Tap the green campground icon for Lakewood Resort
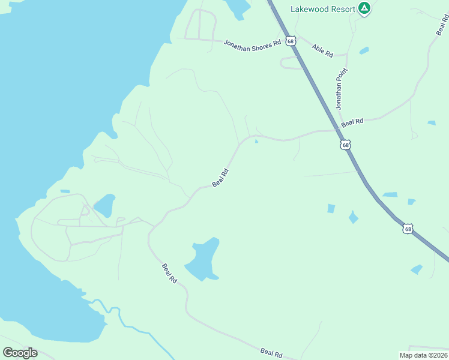click(x=364, y=8)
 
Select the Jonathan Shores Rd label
click(x=252, y=44)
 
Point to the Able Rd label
click(x=322, y=49)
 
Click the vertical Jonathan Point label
click(x=341, y=88)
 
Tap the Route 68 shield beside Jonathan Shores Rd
click(x=291, y=41)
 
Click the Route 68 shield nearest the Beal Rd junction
click(x=345, y=145)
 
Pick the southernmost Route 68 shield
click(x=408, y=229)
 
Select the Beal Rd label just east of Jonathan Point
click(x=352, y=122)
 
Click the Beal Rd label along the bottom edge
click(x=271, y=353)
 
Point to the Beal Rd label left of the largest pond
click(x=170, y=273)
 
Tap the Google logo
click(x=20, y=353)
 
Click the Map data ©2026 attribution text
click(x=423, y=355)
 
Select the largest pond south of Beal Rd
click(x=202, y=260)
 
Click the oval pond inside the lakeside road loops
click(x=104, y=205)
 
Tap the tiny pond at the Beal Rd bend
click(x=256, y=142)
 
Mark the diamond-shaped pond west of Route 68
click(x=354, y=217)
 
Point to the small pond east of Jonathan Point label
click(x=364, y=51)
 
